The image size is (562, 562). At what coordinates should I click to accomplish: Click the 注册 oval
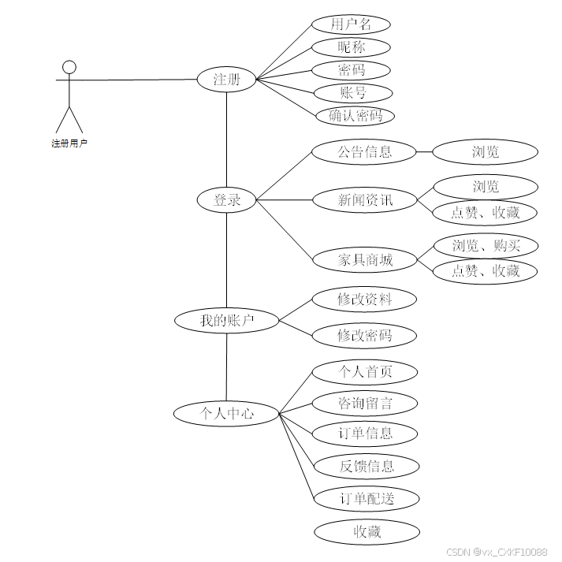[226, 79]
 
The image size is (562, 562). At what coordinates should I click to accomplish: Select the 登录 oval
[227, 200]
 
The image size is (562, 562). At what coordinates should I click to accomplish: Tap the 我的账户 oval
[227, 320]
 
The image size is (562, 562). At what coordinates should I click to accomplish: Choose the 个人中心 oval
[227, 412]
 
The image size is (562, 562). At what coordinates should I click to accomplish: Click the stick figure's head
[69, 66]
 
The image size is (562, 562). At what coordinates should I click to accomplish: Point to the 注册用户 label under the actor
[69, 143]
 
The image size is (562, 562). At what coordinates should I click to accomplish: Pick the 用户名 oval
[351, 24]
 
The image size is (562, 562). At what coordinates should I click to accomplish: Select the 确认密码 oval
[351, 116]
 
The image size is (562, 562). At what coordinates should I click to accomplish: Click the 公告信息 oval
[364, 151]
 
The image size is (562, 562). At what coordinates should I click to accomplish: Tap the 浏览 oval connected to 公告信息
[486, 151]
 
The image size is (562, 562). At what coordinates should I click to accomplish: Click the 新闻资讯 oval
[364, 200]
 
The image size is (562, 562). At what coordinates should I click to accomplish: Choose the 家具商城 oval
[364, 259]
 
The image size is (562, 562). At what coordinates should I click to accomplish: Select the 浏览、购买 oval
[486, 245]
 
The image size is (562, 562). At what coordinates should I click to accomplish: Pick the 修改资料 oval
[364, 300]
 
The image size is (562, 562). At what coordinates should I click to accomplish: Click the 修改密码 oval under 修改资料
[364, 336]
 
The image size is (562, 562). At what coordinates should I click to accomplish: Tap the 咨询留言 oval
[364, 404]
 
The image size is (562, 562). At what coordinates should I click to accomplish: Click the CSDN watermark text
[497, 552]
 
